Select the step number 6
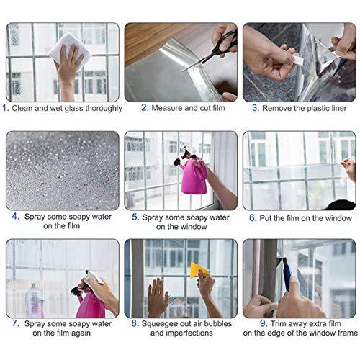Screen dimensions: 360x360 [x=253, y=216]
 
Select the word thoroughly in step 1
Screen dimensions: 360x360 [x=99, y=108]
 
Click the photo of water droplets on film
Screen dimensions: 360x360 [x=62, y=169]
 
